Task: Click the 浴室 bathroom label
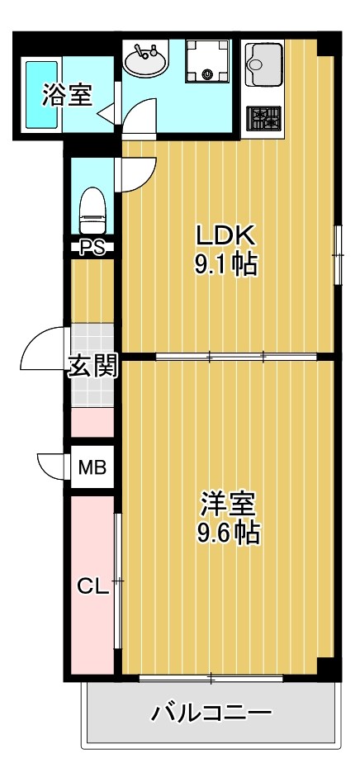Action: [67, 97]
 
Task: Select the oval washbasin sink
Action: [146, 60]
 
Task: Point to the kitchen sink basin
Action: [263, 60]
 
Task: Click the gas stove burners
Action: [263, 118]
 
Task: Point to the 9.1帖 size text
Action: [224, 265]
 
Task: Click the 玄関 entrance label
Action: [92, 365]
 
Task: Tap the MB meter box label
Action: [92, 468]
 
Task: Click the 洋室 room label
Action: [228, 503]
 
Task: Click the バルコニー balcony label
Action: [211, 713]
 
